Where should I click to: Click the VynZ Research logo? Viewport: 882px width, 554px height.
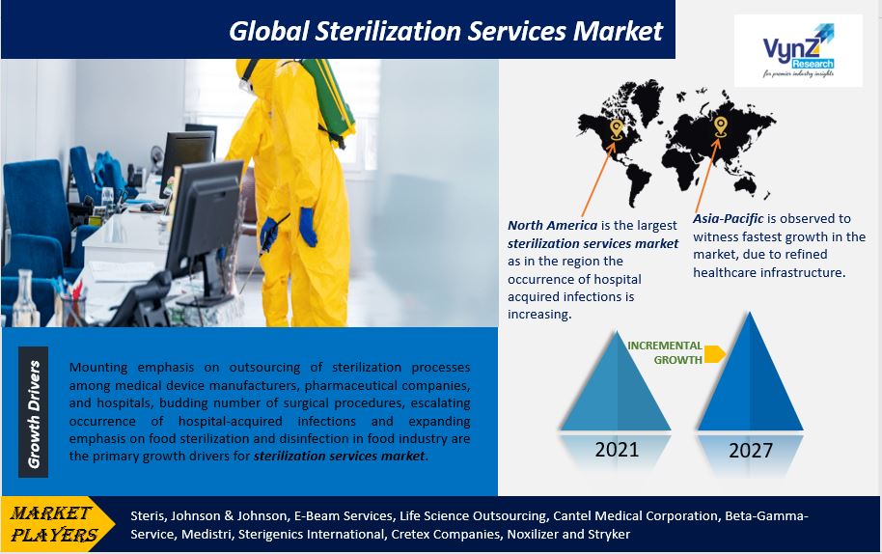coord(798,50)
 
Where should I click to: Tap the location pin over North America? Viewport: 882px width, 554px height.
coord(616,129)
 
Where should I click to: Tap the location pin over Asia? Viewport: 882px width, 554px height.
coord(720,127)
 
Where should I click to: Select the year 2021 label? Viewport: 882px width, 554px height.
coord(617,450)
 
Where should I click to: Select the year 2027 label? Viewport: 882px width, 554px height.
coord(751,451)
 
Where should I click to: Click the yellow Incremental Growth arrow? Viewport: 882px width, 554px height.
coord(714,354)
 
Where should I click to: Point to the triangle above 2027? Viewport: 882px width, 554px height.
coord(750,373)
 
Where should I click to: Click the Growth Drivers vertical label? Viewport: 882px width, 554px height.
coord(33,413)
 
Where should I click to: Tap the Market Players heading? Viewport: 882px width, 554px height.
coord(52,524)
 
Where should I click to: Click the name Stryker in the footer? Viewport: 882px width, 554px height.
coord(610,535)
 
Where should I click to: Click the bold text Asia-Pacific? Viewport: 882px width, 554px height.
coord(728,219)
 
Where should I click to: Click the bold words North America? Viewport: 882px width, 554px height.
coord(552,226)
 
